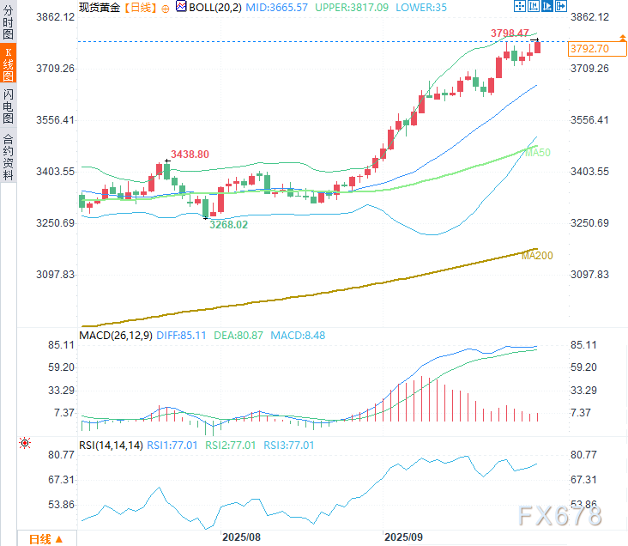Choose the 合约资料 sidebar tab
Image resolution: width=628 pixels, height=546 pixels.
click(x=9, y=156)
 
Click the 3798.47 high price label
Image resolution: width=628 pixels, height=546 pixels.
click(x=510, y=33)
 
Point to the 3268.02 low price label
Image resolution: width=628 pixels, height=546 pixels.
click(x=228, y=225)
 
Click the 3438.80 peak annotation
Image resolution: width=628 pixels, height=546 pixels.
click(x=190, y=155)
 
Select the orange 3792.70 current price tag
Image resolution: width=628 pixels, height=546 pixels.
click(x=589, y=49)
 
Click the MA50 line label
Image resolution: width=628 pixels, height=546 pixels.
click(x=537, y=152)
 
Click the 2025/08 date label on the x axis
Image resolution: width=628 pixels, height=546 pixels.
click(x=241, y=536)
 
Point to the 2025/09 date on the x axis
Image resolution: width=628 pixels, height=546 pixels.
click(x=402, y=536)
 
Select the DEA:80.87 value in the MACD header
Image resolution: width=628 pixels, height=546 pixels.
click(x=241, y=336)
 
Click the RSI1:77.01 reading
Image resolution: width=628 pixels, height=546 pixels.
click(x=173, y=445)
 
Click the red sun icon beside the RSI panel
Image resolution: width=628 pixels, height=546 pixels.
click(x=25, y=443)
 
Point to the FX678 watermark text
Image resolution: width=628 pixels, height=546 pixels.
click(x=560, y=515)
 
